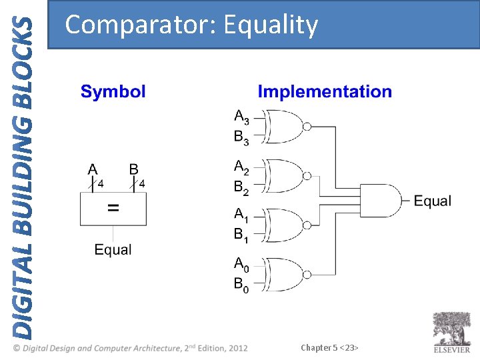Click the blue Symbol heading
click(113, 92)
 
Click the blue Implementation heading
click(325, 92)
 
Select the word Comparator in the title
click(141, 25)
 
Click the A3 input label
click(241, 117)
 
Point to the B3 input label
click(241, 138)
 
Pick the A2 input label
click(241, 166)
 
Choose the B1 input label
click(241, 235)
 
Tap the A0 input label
click(241, 265)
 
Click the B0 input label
click(241, 285)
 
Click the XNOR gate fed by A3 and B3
click(285, 127)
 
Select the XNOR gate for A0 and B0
click(285, 275)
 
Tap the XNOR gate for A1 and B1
click(285, 225)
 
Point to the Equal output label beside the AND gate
click(433, 201)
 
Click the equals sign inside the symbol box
click(113, 209)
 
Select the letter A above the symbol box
click(93, 170)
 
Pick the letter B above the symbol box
click(134, 170)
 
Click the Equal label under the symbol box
click(113, 250)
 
